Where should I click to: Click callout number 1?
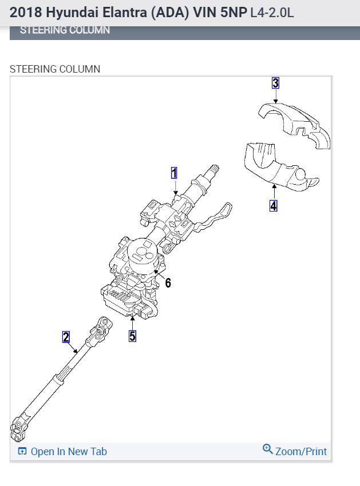(175, 173)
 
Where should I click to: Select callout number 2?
(66, 337)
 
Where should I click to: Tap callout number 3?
(275, 83)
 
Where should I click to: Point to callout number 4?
(274, 205)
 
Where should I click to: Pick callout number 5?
(132, 336)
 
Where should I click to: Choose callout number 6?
(168, 282)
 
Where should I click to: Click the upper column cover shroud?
(294, 123)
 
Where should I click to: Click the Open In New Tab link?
(69, 452)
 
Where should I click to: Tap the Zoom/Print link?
(301, 452)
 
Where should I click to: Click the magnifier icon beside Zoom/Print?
(267, 449)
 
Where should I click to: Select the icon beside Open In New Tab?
(22, 452)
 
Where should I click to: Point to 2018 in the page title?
(25, 13)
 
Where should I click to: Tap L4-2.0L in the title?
(272, 13)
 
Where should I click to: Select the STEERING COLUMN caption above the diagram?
(55, 69)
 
